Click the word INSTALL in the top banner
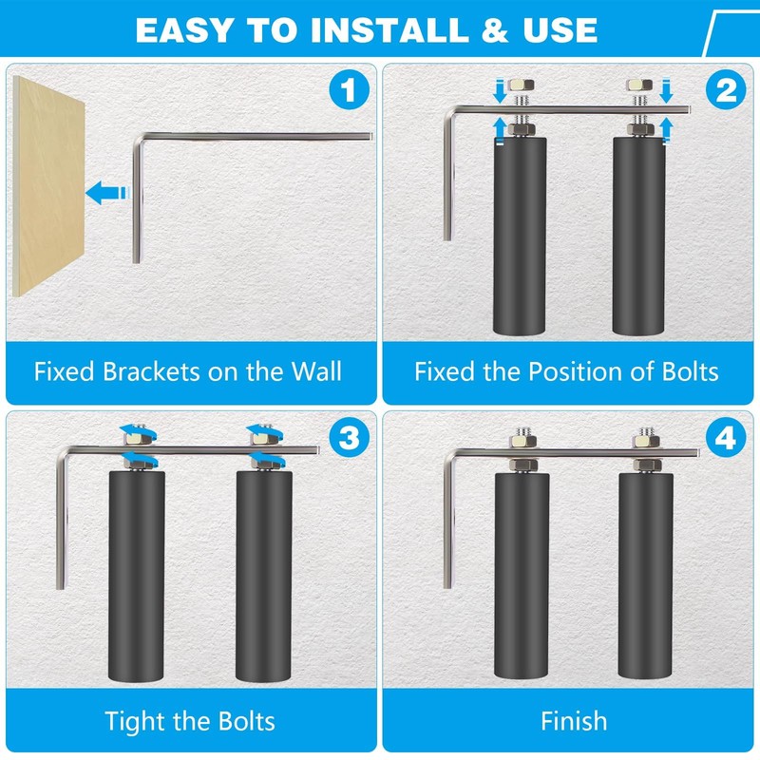(389, 30)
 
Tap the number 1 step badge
(349, 90)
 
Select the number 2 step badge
(726, 90)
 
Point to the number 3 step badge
(349, 439)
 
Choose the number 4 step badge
(726, 439)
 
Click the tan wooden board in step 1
(48, 185)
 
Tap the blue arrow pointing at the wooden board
(107, 193)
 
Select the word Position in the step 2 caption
(576, 372)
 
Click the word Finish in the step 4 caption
(574, 721)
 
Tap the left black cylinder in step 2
(520, 236)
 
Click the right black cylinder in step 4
(646, 576)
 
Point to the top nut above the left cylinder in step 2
(521, 85)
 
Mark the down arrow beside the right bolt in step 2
(667, 90)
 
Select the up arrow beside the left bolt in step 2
(500, 131)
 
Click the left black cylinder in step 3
(137, 576)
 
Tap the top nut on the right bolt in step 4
(646, 441)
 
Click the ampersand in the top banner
(494, 30)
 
